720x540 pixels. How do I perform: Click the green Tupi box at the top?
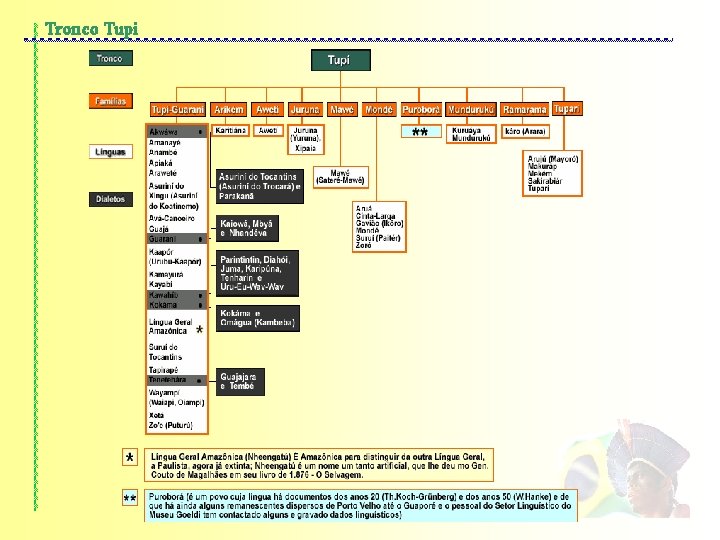[339, 60]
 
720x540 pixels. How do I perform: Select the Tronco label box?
[110, 59]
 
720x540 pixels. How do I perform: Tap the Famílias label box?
[110, 102]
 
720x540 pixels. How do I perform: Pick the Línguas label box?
[110, 152]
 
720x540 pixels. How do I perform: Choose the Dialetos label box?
[110, 199]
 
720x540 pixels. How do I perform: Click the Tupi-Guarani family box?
[177, 109]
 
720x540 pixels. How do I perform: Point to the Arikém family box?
[230, 109]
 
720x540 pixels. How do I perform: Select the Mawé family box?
[342, 109]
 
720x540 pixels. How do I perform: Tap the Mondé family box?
[378, 109]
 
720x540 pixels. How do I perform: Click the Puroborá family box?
[421, 109]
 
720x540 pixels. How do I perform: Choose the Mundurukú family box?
[472, 109]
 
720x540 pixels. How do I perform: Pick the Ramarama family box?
[525, 109]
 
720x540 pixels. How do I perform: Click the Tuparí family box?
[566, 108]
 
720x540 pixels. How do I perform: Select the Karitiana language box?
[230, 130]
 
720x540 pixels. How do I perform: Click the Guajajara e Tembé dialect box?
[241, 381]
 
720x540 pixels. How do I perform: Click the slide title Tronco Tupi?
[92, 27]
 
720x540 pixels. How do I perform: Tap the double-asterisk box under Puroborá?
[420, 132]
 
